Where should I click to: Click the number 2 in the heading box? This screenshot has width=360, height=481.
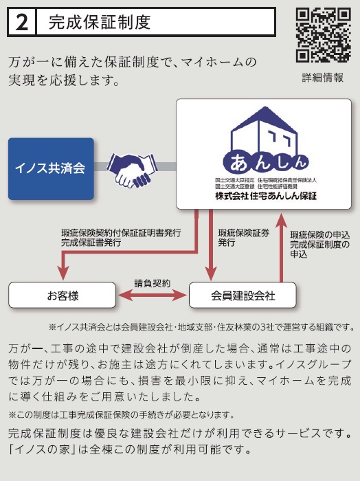click(21, 23)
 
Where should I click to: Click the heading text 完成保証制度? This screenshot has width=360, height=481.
click(100, 22)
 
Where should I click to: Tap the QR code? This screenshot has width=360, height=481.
click(323, 35)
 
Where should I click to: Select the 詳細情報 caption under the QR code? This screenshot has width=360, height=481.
click(323, 78)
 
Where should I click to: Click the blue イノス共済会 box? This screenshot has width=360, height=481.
click(51, 169)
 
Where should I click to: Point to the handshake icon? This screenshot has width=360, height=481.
click(132, 169)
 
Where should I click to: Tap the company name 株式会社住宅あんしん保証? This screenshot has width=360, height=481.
click(266, 196)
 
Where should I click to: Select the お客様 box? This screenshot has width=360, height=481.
click(63, 295)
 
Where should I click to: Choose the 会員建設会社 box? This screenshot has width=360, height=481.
click(243, 295)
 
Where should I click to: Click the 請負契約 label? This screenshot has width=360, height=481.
click(152, 283)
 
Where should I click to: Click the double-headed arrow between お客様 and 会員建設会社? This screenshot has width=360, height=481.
click(153, 295)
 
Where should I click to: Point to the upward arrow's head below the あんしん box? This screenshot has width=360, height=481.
click(281, 220)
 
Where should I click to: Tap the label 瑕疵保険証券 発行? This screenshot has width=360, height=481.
click(244, 238)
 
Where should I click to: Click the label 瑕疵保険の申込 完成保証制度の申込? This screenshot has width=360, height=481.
click(320, 245)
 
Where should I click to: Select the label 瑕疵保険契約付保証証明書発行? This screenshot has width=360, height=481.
click(121, 233)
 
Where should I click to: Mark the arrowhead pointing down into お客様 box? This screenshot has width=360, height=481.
click(63, 273)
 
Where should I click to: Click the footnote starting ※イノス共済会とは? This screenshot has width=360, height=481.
click(202, 327)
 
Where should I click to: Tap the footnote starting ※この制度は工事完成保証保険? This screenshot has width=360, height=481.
click(122, 415)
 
